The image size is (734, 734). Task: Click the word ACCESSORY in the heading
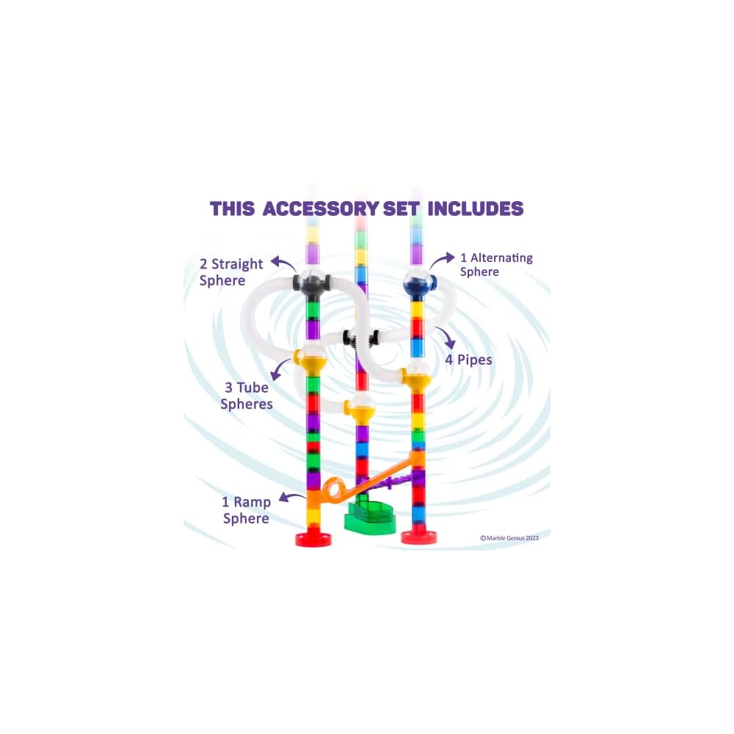(321, 208)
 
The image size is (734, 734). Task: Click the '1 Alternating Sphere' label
(495, 265)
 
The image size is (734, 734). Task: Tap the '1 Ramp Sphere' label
(246, 510)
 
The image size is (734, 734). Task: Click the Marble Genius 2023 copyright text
(509, 538)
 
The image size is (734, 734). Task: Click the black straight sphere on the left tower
(312, 283)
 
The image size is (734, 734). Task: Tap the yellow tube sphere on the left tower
(311, 360)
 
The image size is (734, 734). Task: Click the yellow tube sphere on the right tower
(416, 379)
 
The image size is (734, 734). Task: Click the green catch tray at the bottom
(371, 517)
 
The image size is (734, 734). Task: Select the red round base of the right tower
(418, 537)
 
